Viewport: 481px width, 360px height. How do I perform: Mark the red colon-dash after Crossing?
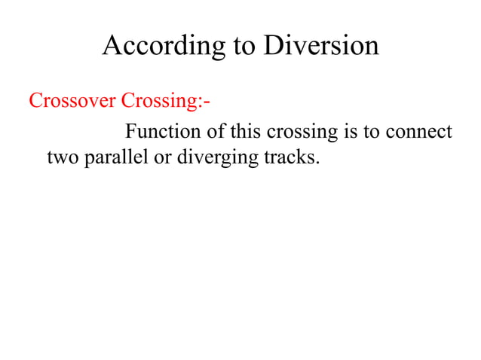pos(203,102)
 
